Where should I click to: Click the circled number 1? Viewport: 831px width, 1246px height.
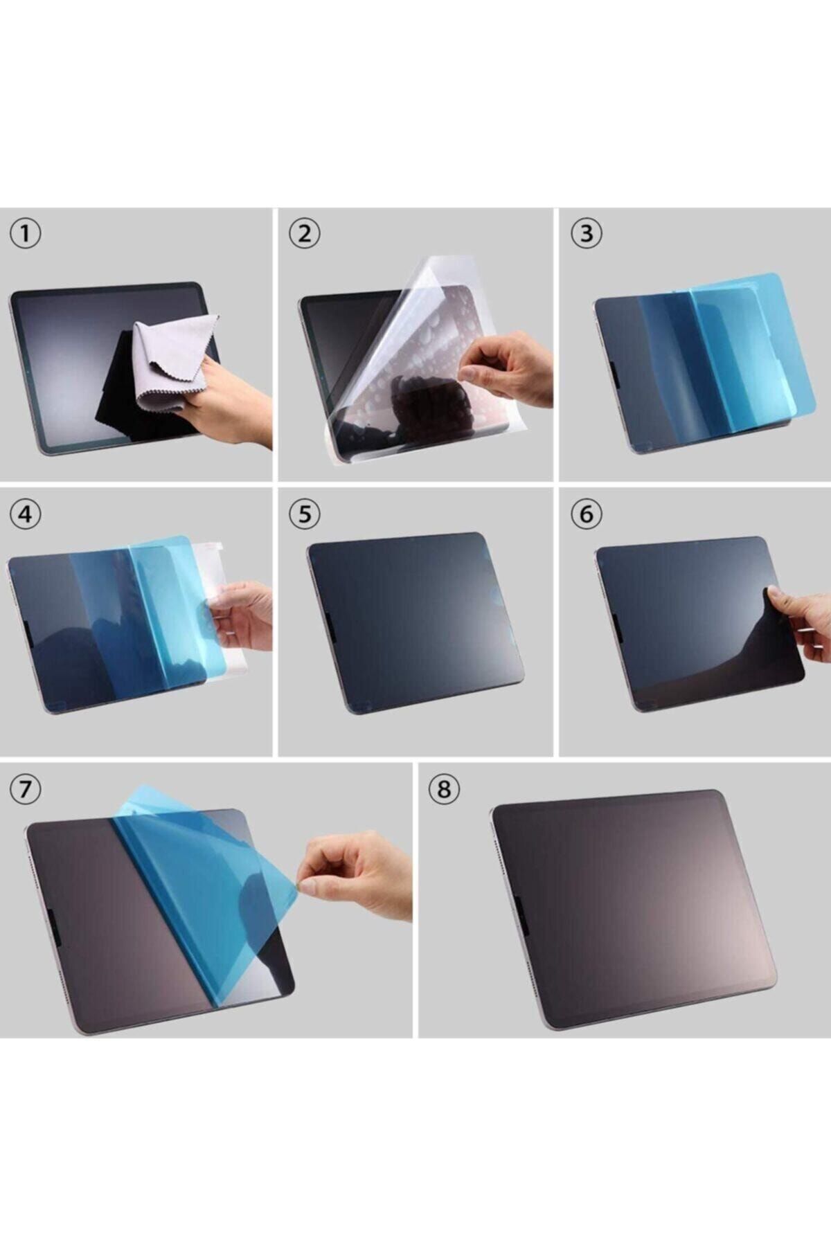(25, 234)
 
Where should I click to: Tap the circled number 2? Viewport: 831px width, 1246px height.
(304, 234)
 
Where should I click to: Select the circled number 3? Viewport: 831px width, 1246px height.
(586, 234)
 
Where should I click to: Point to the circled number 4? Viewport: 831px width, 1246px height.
(25, 514)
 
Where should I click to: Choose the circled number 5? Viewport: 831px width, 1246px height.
(304, 514)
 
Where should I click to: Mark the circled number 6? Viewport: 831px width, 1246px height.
(586, 514)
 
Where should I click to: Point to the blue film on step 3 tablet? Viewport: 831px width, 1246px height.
(720, 360)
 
